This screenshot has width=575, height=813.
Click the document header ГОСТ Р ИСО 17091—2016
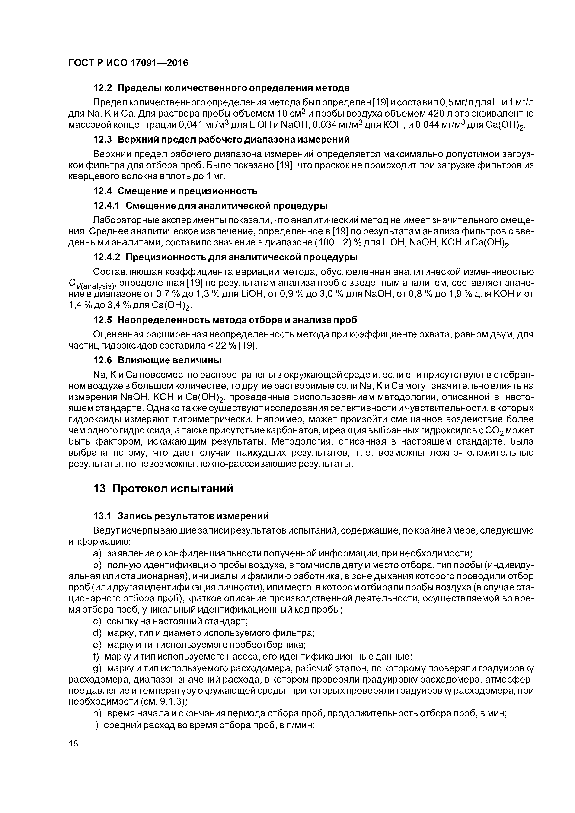[128, 63]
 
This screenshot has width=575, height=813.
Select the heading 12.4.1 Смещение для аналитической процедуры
[210, 206]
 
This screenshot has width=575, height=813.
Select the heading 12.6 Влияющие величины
[157, 360]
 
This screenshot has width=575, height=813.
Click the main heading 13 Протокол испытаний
[163, 489]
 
